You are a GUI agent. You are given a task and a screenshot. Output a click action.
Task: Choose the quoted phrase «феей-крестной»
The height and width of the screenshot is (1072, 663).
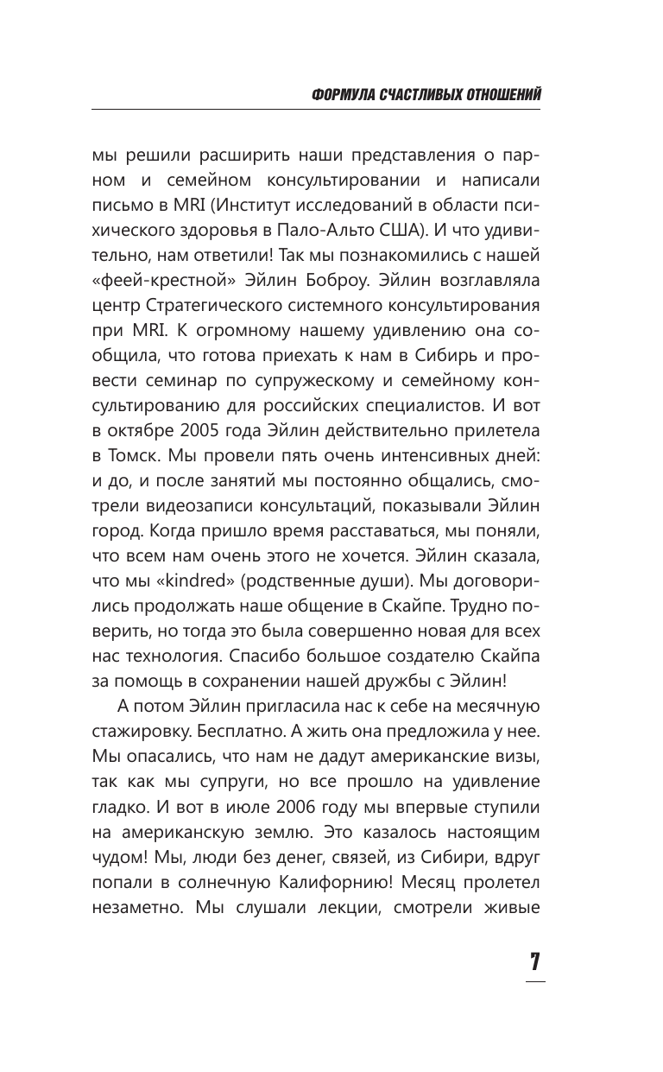tap(144, 281)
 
